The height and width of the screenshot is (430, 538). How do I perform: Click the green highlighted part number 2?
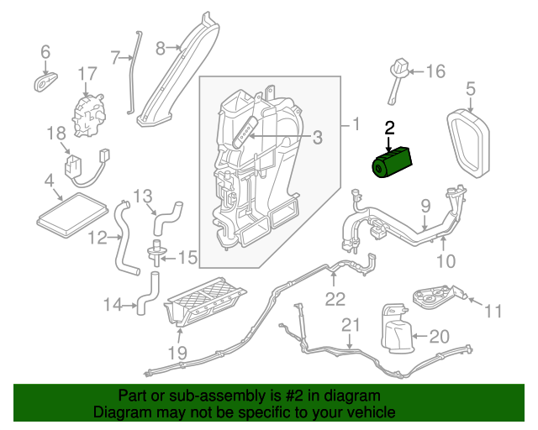coord(393,161)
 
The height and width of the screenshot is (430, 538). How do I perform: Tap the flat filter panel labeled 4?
coord(71,210)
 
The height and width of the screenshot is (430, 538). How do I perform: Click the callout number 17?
coord(88,75)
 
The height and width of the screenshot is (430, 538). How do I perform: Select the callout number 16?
coord(435,71)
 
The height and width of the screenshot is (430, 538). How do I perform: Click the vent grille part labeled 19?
coord(206,301)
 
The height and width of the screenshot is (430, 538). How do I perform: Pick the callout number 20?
coord(440,337)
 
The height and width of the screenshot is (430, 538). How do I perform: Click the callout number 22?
coord(335,297)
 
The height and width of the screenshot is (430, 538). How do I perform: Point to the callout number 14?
coord(113,304)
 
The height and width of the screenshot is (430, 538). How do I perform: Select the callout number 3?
coord(317,137)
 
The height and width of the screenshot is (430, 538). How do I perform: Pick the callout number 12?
coord(98,238)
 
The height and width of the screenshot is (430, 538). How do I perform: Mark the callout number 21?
coord(349,324)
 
